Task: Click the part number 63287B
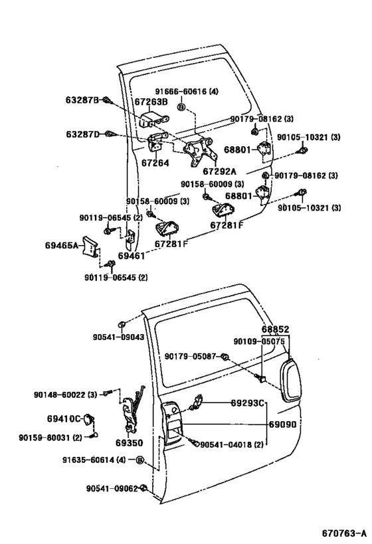tap(82, 100)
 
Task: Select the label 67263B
tap(151, 102)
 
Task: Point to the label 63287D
tap(82, 134)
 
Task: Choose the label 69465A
tap(62, 245)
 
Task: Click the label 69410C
tap(63, 418)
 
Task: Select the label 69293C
tap(248, 403)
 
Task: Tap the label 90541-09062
tap(112, 488)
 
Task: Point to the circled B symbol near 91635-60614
tap(140, 460)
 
